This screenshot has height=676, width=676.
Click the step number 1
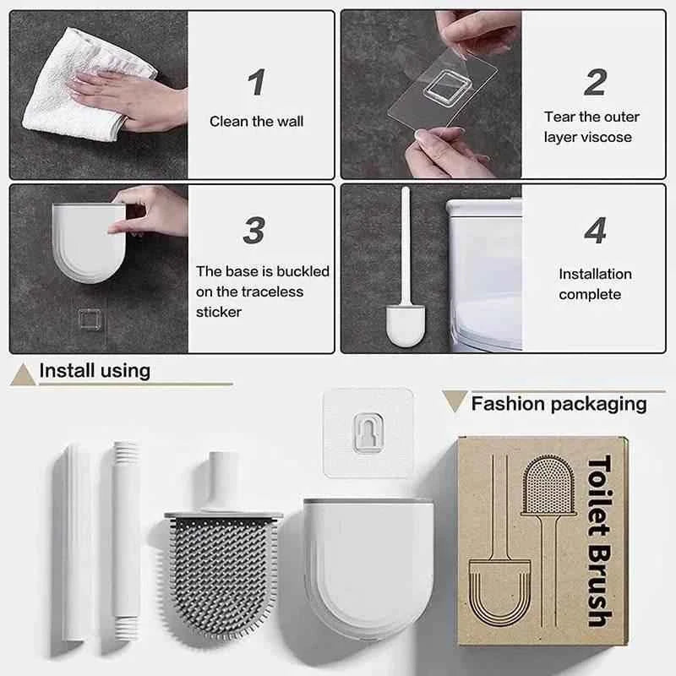tap(257, 82)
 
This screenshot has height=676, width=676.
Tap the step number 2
tap(595, 82)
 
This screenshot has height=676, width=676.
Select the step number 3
tap(254, 230)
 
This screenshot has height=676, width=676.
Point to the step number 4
tap(595, 230)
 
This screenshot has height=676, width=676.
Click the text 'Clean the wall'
tap(256, 122)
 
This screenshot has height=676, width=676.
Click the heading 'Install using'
tap(95, 370)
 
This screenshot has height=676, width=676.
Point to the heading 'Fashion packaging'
tap(559, 403)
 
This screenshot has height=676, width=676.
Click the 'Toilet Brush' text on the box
tap(599, 541)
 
